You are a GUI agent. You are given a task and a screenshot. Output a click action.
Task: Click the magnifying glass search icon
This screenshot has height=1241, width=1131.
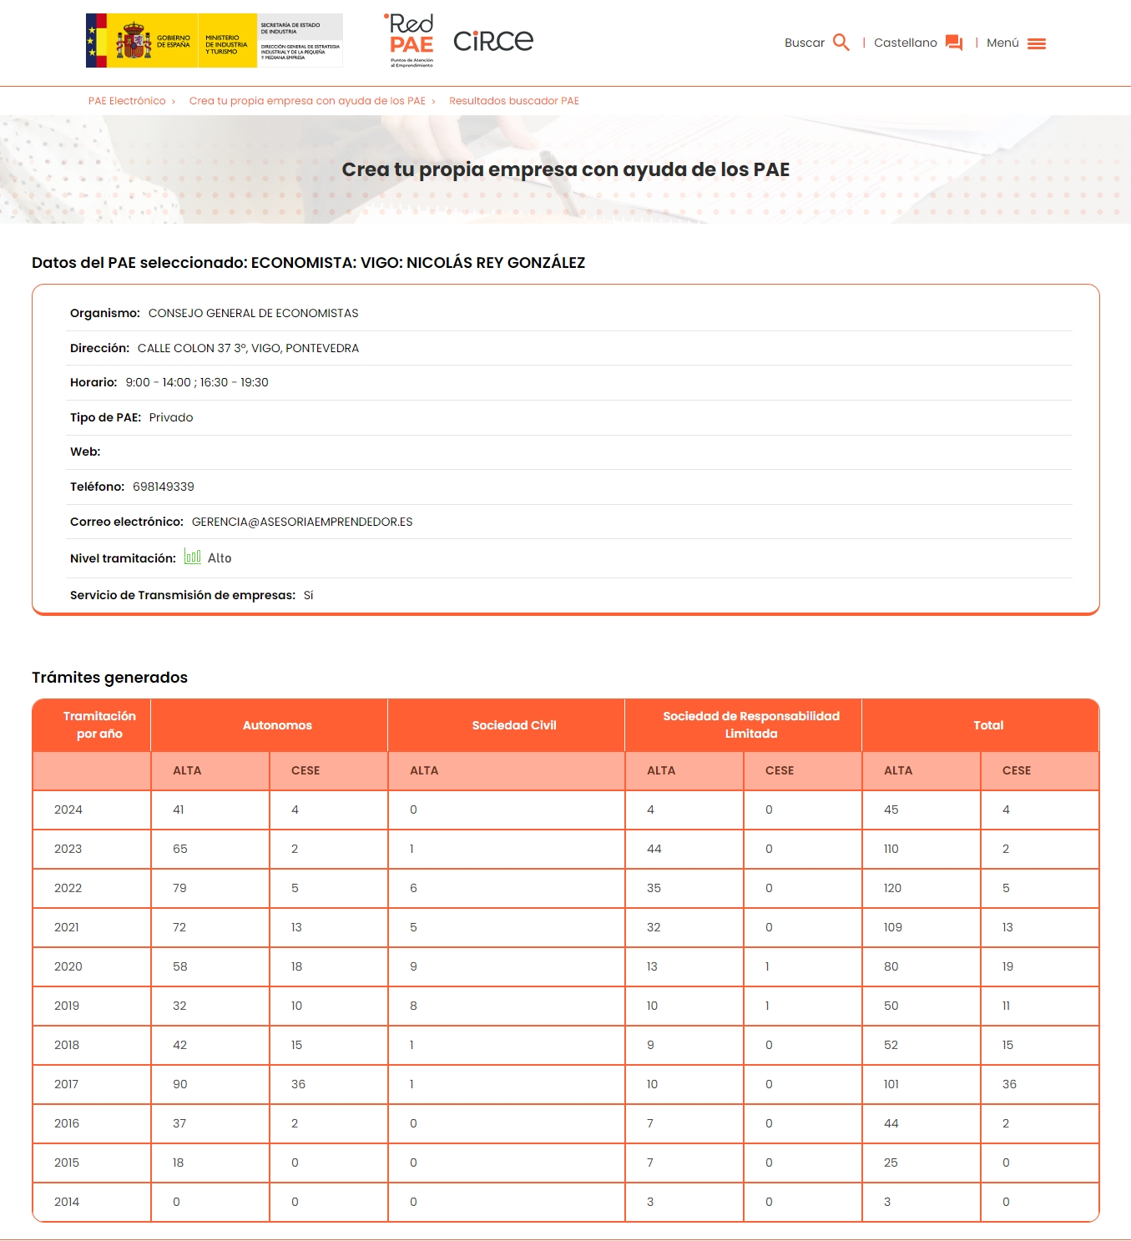tap(841, 43)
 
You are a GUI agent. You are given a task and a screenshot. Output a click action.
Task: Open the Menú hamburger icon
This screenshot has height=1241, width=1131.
tap(1036, 43)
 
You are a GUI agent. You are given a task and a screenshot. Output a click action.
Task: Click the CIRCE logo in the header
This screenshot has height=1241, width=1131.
tap(492, 41)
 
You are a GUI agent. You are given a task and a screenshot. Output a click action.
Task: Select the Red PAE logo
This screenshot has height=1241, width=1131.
tap(411, 39)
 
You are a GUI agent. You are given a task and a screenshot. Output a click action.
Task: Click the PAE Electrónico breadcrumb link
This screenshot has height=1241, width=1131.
tap(127, 101)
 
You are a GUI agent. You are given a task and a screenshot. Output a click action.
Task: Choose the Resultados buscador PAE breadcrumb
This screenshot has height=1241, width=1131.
tap(513, 101)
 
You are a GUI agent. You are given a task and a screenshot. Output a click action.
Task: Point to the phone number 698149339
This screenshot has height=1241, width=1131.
tap(164, 487)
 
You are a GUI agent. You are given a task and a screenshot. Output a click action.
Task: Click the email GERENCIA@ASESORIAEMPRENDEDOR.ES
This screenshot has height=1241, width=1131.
tap(302, 522)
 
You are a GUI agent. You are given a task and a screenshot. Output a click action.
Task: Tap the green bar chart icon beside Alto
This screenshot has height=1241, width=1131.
tap(193, 557)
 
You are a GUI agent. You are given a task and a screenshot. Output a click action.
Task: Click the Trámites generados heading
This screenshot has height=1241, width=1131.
tap(109, 678)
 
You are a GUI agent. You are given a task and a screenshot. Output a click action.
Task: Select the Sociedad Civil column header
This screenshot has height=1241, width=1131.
tap(513, 725)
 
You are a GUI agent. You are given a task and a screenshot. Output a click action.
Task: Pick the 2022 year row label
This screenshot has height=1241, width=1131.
tap(68, 888)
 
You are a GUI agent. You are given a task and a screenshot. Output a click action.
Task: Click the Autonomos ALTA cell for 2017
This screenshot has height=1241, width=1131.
tap(180, 1084)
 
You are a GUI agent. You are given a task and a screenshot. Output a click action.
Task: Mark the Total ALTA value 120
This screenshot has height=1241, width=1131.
tap(892, 888)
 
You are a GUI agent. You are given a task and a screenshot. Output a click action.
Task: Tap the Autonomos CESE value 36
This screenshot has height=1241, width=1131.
tap(298, 1084)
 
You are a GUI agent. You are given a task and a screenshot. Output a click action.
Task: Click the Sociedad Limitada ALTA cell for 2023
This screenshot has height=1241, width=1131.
tap(654, 849)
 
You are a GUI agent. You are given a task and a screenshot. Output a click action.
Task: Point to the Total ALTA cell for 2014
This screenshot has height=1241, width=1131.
tap(887, 1202)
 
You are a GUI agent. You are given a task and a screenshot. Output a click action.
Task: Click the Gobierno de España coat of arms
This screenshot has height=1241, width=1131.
tap(134, 41)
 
